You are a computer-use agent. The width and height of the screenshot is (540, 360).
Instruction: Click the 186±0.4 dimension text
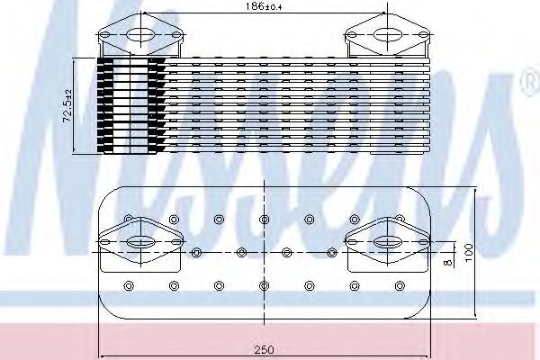pos(264,6)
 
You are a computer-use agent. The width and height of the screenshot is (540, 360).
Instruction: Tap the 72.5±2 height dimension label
pos(67,105)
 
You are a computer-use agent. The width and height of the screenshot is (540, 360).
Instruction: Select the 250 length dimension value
pos(264,350)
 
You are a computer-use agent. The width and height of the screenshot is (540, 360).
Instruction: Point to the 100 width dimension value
pos(469,252)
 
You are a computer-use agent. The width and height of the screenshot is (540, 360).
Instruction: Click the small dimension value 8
pos(447,263)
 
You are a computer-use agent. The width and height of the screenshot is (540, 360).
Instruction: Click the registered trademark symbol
pos(532,84)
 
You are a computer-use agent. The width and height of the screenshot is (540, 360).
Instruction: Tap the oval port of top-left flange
pos(140,35)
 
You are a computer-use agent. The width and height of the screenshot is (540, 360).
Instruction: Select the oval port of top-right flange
pos(387,35)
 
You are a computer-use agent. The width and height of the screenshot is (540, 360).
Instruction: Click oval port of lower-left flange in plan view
pos(140,242)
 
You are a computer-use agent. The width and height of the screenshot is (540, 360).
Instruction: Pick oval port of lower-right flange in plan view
pos(387,242)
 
